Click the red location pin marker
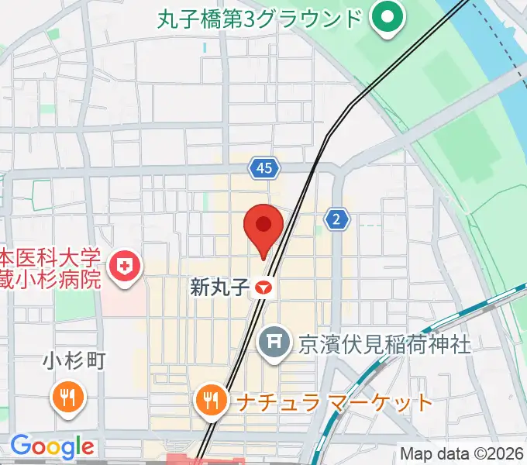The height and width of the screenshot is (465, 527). [x=263, y=227]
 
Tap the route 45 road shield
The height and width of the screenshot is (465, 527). [x=264, y=167]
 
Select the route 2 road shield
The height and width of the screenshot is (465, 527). [x=336, y=219]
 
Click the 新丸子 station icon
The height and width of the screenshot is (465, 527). [x=264, y=288]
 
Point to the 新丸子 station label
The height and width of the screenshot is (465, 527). [x=219, y=288]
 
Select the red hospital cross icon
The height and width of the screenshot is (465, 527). [x=124, y=268]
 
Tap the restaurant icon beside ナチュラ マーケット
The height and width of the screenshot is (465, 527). [x=209, y=401]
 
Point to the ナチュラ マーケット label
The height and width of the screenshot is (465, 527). [x=333, y=403]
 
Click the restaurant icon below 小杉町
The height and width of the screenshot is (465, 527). [x=67, y=398]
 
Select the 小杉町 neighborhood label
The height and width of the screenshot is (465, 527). [x=74, y=361]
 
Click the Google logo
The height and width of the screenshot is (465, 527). [x=51, y=446]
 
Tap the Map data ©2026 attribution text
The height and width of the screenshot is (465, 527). [x=462, y=453]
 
